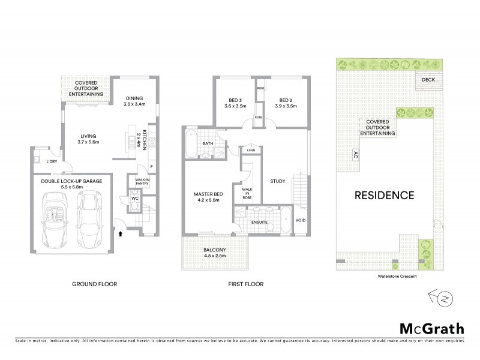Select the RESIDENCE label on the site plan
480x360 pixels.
pos(384,195)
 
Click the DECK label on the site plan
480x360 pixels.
pos(428,79)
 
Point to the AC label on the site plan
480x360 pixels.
pos(356,154)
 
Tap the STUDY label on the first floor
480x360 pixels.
pos(277,181)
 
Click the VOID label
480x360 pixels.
pos(301,220)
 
